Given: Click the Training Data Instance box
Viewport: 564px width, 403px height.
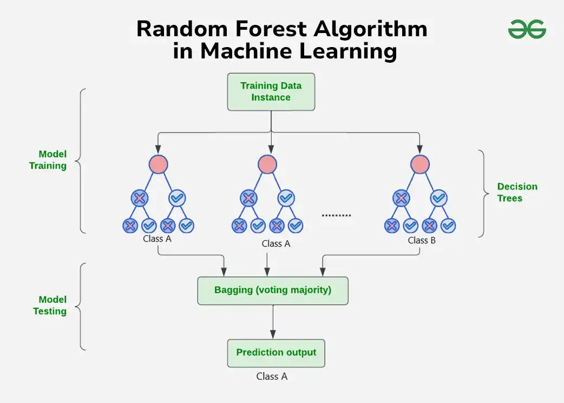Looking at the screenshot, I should pos(271,92).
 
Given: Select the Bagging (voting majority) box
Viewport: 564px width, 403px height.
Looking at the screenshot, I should pos(273,290).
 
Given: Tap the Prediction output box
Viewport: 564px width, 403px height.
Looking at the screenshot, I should pos(276,353).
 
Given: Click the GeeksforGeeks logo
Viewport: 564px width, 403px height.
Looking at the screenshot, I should pos(527,29).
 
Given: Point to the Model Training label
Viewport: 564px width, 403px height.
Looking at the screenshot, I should pos(48,160).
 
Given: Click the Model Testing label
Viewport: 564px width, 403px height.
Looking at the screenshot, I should pos(50,305).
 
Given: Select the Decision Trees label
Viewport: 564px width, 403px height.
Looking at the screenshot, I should pos(517,192).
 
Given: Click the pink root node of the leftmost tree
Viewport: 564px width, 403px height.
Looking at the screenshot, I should pos(158,164).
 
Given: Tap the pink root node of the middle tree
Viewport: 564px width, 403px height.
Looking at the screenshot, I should pos(267,164).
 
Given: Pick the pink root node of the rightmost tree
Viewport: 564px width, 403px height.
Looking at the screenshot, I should pos(419,164).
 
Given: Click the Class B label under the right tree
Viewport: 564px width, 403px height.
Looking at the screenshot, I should pos(422,240).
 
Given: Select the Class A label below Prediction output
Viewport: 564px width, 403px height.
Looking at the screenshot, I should pos(272,376).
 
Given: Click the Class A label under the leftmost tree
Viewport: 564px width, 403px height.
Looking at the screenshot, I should pos(157,238).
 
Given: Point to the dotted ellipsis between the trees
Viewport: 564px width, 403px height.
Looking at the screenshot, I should pos(336,215).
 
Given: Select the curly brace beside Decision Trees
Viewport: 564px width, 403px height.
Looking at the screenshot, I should pos(481,193).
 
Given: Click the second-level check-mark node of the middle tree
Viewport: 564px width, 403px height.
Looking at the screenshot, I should pos(286,199).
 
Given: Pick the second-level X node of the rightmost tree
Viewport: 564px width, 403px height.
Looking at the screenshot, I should pos(401,199).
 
